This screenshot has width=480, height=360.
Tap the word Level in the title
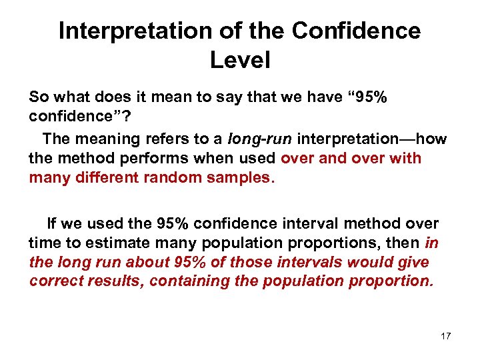coord(240,61)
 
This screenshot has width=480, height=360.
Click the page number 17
coord(445,336)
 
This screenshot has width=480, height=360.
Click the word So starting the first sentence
coord(39,97)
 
